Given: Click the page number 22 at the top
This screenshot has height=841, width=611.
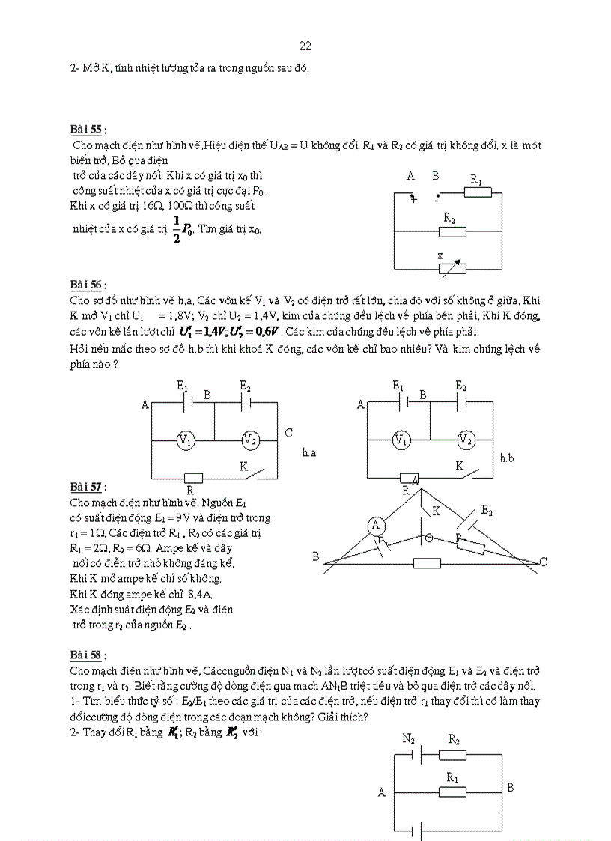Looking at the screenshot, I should pos(305,46).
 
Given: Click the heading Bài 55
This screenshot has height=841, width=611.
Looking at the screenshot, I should pos(85,130).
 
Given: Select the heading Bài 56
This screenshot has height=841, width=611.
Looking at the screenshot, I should pos(85,285).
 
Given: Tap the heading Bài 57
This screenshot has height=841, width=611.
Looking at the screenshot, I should pos(85,487).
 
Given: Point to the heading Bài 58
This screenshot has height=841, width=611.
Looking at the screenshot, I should pos(85,655).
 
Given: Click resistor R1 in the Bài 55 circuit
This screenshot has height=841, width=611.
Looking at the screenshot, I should pos(477,192).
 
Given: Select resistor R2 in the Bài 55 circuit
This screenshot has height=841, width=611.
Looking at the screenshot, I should pos(452,231).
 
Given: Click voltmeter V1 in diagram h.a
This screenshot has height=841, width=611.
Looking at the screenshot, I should pos(186,440).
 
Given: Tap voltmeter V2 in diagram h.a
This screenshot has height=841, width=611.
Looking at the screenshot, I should pos(250,440).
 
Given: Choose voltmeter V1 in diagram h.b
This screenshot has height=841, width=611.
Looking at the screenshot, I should pos(402,440).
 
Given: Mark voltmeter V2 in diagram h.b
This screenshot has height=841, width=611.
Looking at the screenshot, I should pos(466,440).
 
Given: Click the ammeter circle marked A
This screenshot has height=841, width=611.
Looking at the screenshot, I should pos(377,526).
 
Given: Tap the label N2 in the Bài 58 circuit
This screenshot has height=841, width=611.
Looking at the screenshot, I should pos(408,738).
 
